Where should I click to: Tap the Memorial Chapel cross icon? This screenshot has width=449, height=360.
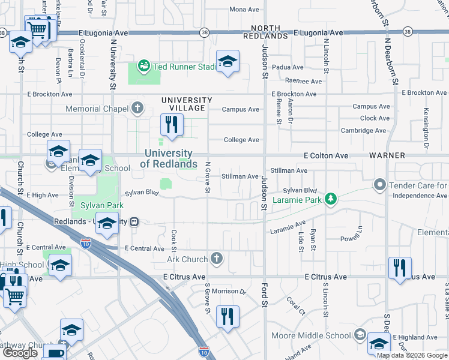(137, 109)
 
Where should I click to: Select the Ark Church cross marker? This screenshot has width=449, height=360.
(217, 259)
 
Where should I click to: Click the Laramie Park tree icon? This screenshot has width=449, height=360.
(330, 199)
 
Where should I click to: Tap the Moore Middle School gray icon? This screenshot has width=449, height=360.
(360, 335)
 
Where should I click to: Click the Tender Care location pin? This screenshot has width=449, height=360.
(379, 185)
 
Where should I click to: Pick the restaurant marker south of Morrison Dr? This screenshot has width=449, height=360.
(228, 316)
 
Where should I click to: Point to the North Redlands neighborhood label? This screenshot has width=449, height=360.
(266, 32)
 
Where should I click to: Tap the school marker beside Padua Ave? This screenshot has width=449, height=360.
(228, 61)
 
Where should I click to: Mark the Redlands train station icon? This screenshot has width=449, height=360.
(135, 221)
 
